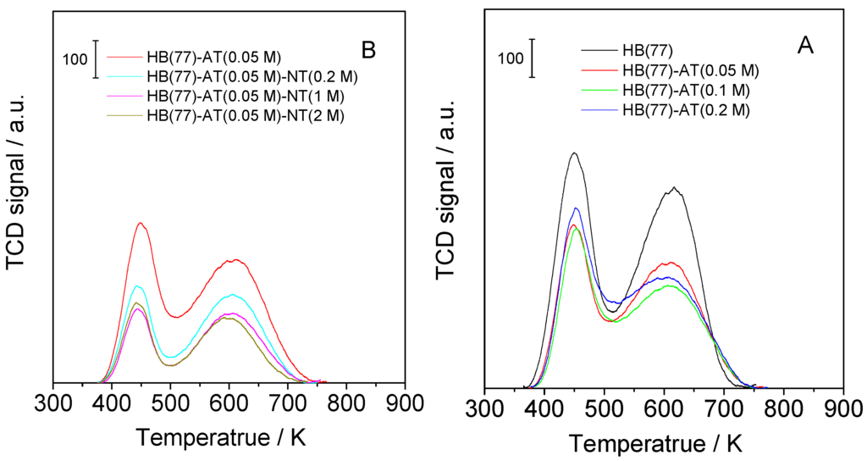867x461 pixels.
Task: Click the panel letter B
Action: (x=368, y=51)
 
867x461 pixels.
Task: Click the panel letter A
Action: (x=805, y=46)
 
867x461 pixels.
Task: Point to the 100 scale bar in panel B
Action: (x=96, y=59)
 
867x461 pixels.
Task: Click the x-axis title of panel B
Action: (x=229, y=438)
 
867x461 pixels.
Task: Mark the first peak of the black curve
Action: (x=574, y=153)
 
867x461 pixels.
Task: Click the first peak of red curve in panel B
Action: (x=141, y=224)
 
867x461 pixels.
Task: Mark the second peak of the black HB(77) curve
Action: (x=674, y=188)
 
